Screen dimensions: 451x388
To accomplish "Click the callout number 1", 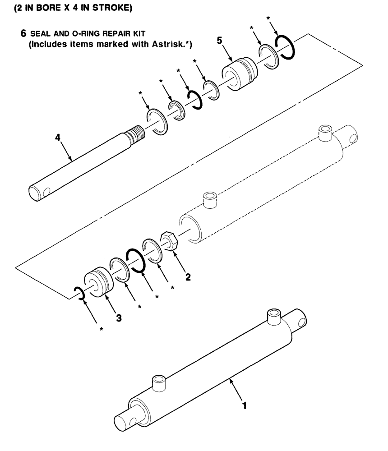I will (244, 405).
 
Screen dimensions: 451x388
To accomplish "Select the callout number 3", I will (119, 318).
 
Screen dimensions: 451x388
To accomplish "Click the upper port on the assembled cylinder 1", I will (274, 316).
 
